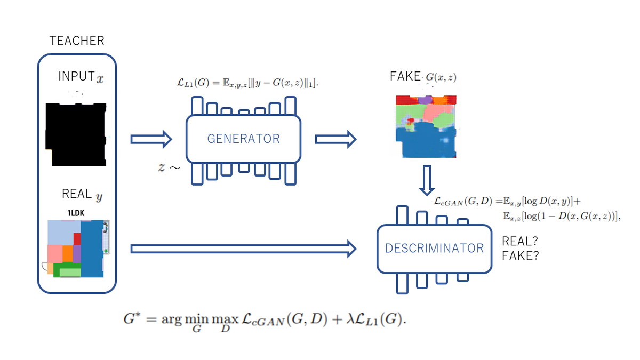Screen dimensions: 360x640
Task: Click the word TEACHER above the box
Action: (77, 41)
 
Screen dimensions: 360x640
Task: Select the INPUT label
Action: (76, 76)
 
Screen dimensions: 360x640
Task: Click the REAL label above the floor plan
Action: (77, 194)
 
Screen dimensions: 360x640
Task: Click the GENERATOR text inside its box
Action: (243, 139)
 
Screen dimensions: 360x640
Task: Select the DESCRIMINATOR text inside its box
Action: (434, 248)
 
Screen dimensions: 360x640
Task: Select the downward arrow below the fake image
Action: (426, 180)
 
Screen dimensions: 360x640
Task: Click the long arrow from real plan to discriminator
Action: (243, 247)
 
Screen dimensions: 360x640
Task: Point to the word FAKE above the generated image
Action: (405, 77)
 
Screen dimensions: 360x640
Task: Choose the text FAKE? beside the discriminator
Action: (520, 256)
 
